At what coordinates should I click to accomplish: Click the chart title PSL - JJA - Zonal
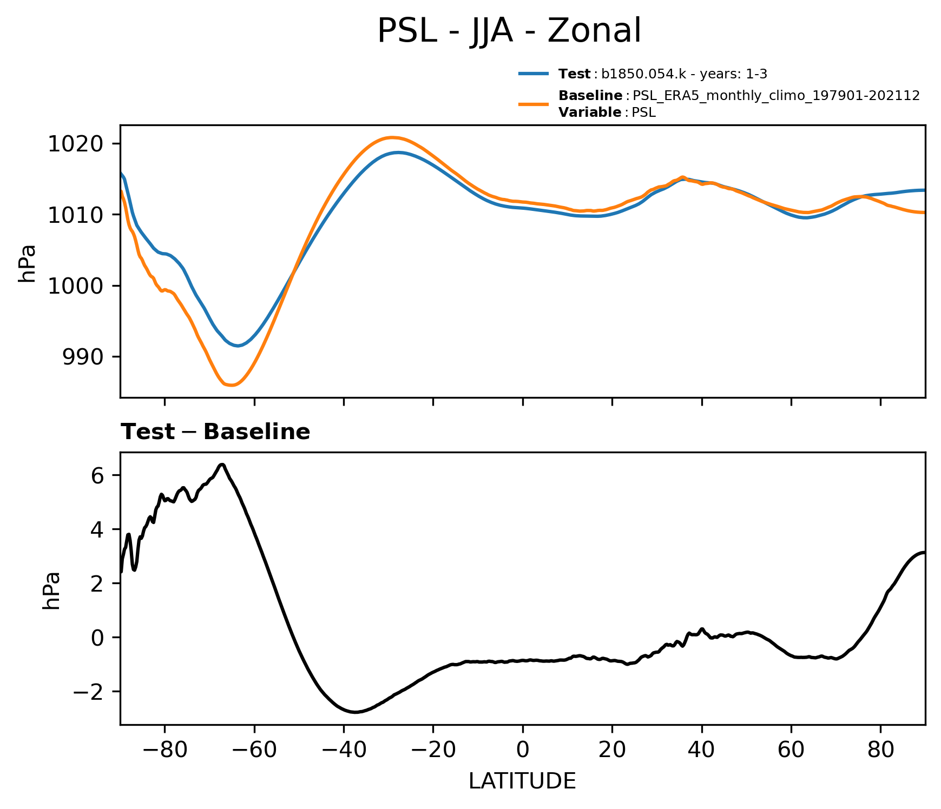(509, 31)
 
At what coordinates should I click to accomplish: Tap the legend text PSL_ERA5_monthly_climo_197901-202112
(776, 96)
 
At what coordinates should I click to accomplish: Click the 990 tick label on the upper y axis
(83, 357)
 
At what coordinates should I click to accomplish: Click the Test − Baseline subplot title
(215, 432)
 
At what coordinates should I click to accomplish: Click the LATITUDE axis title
(522, 781)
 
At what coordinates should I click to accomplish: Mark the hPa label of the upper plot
(27, 263)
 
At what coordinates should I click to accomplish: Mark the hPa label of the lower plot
(51, 591)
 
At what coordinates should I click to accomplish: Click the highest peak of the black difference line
(222, 465)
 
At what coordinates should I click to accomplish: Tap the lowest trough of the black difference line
(354, 712)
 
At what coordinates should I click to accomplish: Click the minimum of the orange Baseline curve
(231, 385)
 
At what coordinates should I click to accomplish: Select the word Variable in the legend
(590, 112)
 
